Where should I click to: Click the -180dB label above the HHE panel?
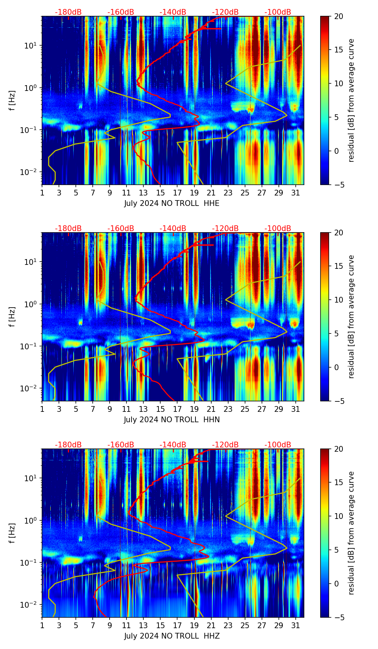pos(68,12)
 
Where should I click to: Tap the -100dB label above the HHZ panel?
pos(278,445)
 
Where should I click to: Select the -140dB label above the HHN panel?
pos(173,229)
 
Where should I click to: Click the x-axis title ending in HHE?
pos(172,203)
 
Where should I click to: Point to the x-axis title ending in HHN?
pos(172,420)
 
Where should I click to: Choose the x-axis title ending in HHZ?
pos(172,636)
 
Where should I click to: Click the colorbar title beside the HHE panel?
pos(351,100)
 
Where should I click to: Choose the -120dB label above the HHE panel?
pos(225,12)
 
